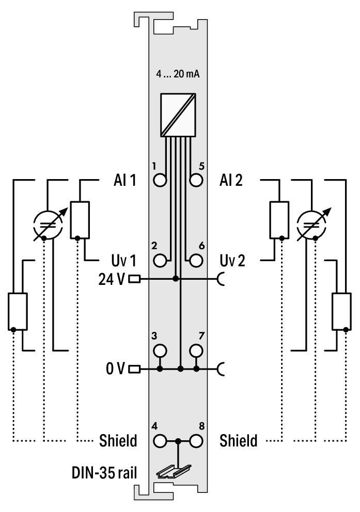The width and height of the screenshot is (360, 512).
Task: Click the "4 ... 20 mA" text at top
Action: click(x=178, y=74)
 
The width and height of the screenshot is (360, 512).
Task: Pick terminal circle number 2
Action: click(x=161, y=260)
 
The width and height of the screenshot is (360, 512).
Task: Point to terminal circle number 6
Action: click(x=196, y=260)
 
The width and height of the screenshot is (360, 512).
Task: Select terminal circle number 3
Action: click(x=161, y=350)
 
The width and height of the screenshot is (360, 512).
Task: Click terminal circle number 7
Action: click(x=196, y=350)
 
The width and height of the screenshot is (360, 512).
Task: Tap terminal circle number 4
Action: click(x=161, y=441)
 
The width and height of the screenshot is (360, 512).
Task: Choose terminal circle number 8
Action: click(x=196, y=441)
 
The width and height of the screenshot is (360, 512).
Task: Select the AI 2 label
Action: click(x=231, y=181)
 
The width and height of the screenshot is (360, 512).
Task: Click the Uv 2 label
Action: click(x=232, y=261)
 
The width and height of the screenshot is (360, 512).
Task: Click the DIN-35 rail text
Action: click(x=104, y=472)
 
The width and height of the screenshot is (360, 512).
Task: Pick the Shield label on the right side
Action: click(x=238, y=441)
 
